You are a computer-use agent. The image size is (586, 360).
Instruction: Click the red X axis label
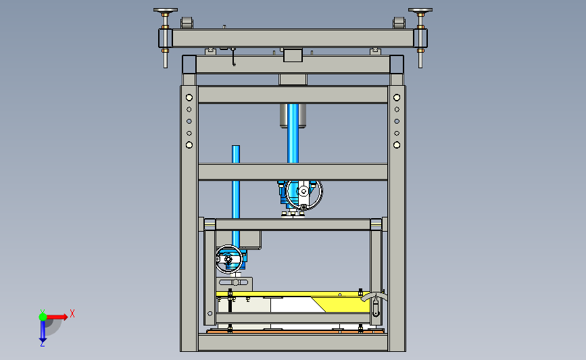[x=72, y=313]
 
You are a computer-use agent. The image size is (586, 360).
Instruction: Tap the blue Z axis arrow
[x=43, y=331]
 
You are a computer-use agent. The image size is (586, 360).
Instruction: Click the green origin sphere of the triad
[x=43, y=317]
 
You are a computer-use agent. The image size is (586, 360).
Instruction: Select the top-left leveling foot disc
[x=165, y=10]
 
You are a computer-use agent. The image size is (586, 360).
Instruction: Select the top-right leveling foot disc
[x=420, y=10]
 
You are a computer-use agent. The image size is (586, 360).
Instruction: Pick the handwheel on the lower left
[x=228, y=259]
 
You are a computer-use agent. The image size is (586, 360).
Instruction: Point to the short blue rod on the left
[x=235, y=196]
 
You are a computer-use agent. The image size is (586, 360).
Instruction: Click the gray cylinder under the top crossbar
[x=293, y=115]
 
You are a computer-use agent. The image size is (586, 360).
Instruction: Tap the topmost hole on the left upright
[x=189, y=97]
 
